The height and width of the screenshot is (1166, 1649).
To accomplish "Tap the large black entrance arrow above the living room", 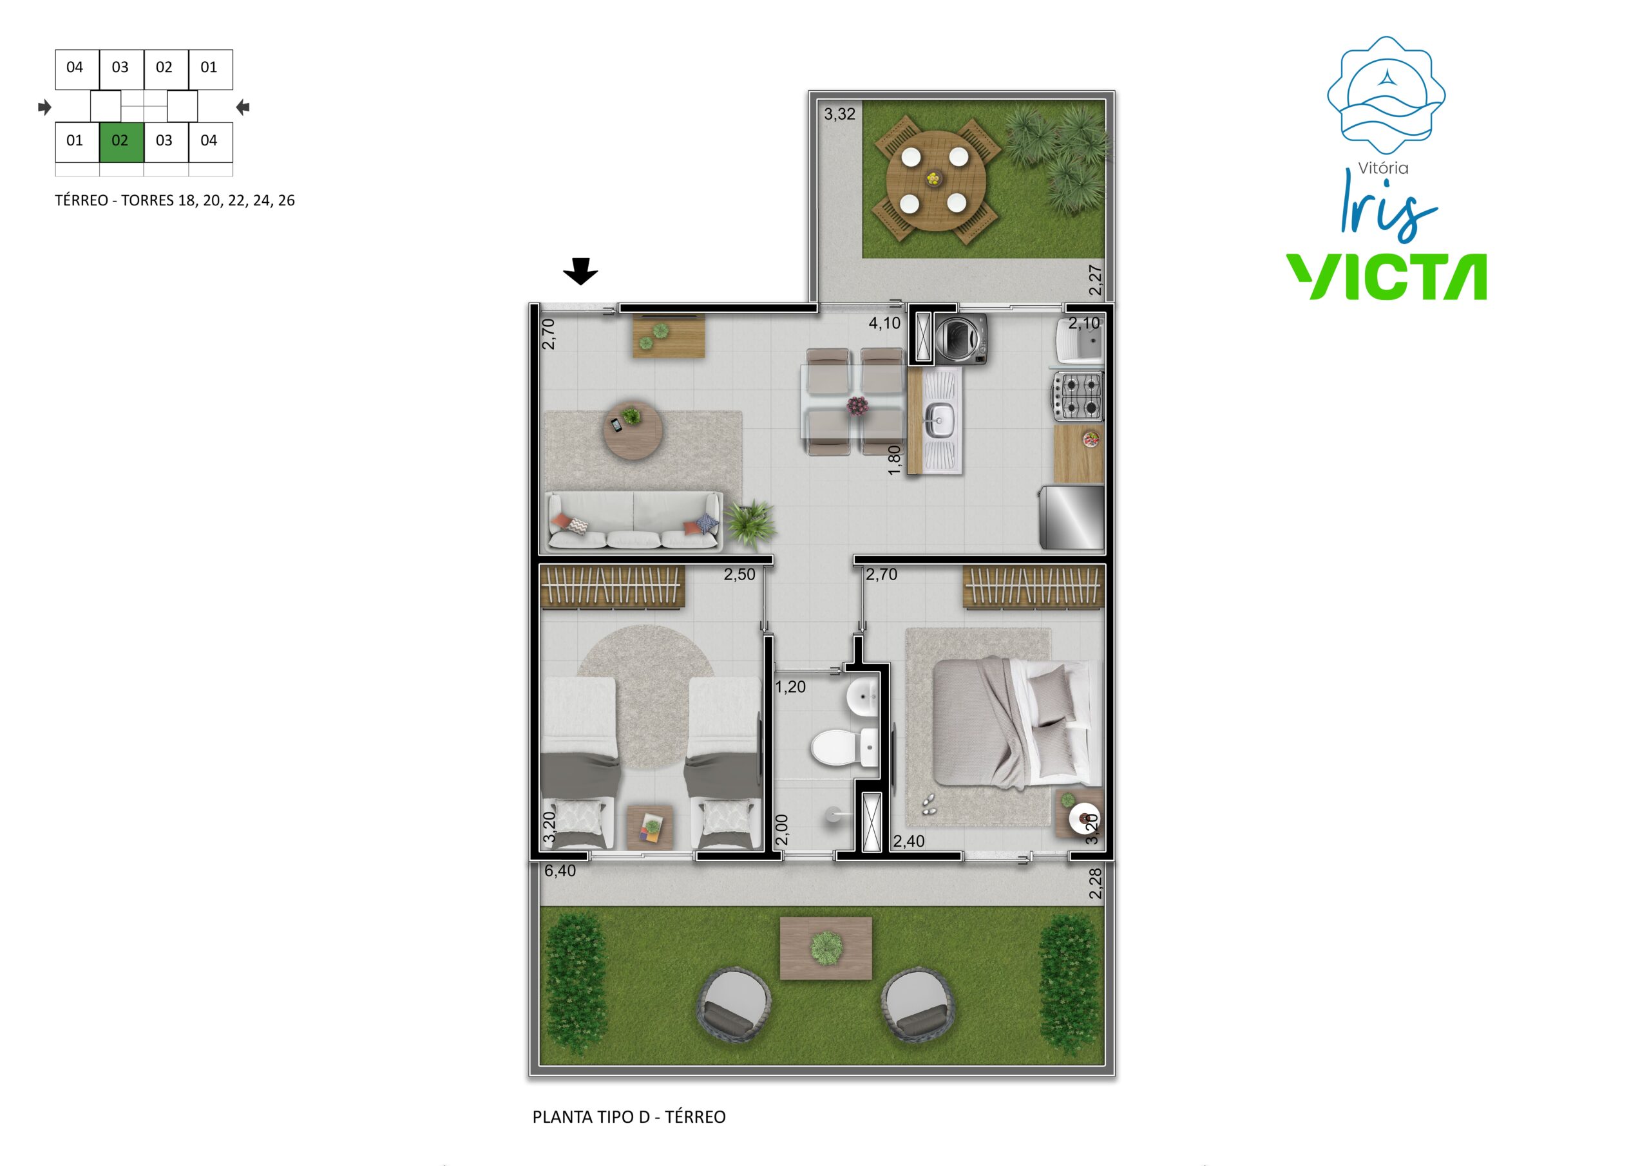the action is coord(580,272).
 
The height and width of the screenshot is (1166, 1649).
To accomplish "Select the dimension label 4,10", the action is coord(884,323).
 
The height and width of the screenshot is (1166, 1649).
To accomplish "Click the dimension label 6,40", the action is coord(560,871).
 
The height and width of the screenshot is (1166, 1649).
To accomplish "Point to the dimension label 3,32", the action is coord(839,113).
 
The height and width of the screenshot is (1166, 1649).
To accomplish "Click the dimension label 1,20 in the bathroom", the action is coord(790,687).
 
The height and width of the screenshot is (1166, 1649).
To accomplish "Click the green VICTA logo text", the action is coord(1386,276).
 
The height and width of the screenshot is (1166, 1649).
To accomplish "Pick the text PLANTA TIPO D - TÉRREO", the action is coord(629,1116).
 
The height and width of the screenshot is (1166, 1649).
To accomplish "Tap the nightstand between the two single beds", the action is coord(651,827).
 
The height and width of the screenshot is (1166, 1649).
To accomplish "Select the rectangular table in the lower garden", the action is coord(826,948).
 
